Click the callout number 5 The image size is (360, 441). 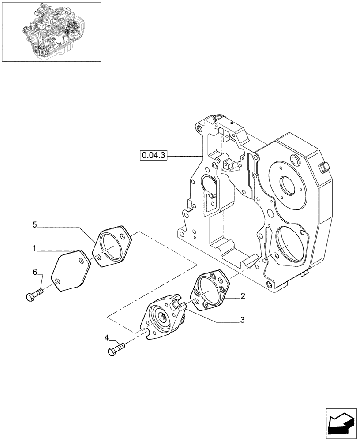pos(34,225)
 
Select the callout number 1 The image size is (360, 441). pos(34,249)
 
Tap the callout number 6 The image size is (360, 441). pos(34,273)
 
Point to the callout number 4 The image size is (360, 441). pos(106,338)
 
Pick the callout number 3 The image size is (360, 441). pos(242,319)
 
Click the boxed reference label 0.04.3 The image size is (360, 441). pos(153,155)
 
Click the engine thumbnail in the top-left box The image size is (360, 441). pos(51,31)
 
